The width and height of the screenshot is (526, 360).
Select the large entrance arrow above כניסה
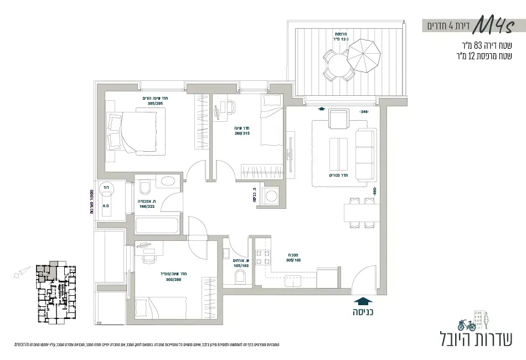[362, 301]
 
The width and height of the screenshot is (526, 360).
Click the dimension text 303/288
[172, 279]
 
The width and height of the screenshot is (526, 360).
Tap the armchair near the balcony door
[338, 119]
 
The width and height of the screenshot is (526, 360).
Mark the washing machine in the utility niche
[271, 195]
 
